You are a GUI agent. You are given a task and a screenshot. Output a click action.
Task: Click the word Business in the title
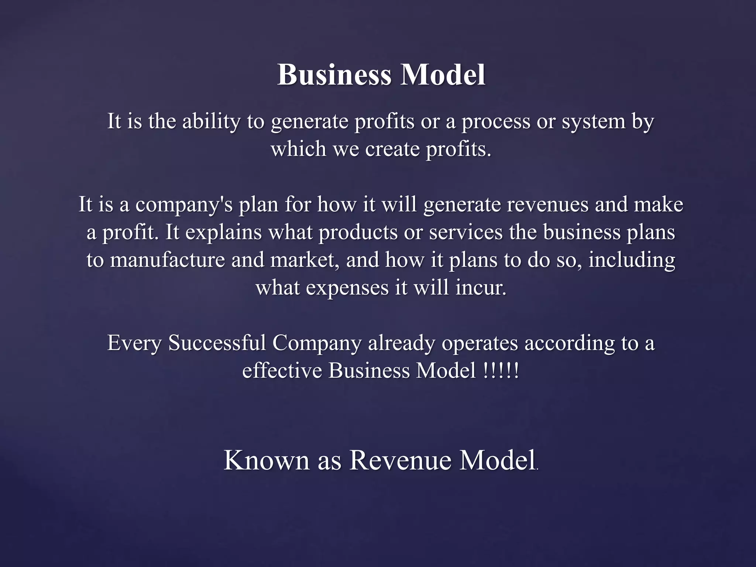334,75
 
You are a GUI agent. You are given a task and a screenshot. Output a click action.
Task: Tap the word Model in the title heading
443,75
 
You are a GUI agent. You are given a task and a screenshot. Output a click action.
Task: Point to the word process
496,122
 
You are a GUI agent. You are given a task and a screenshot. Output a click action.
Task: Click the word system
593,122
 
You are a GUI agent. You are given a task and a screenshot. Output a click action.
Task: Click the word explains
223,233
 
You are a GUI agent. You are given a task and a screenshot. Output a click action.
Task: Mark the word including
632,261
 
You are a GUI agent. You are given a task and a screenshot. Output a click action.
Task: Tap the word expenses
347,288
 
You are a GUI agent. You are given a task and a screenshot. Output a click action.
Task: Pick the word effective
282,371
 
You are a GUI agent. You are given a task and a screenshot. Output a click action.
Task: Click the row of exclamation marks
501,371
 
